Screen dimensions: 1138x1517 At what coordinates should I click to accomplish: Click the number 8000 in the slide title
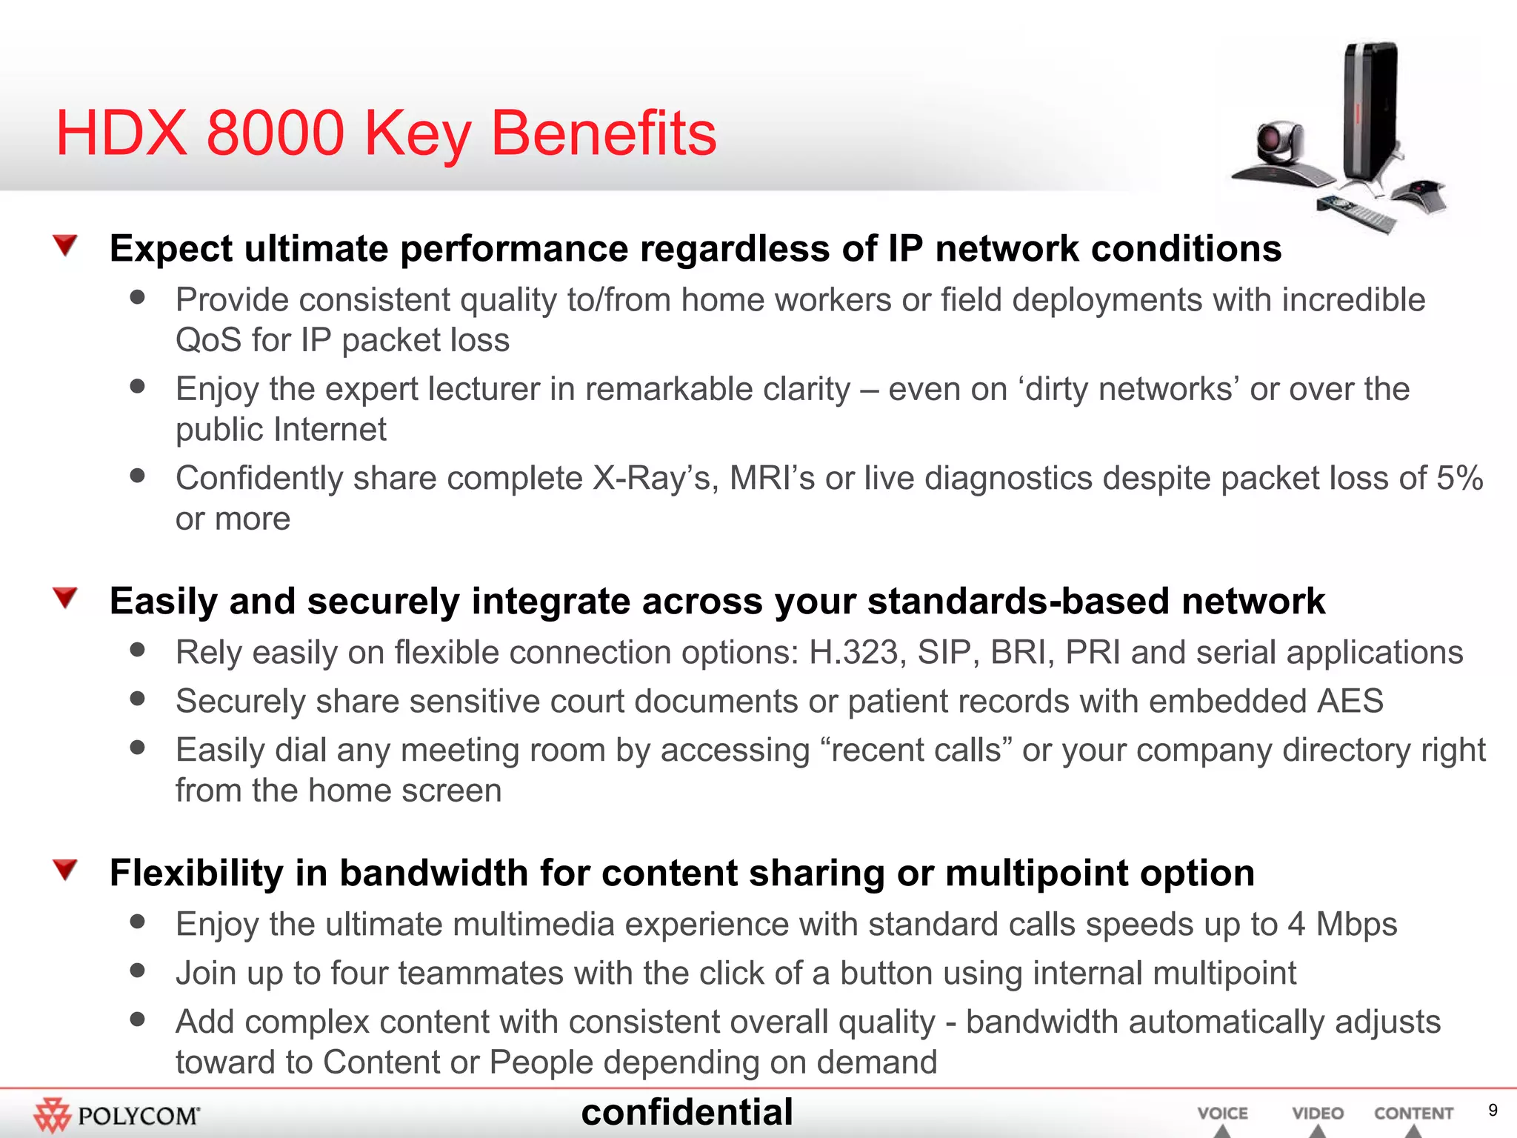click(x=275, y=133)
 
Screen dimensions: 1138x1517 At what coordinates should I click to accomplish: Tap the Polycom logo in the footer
click(x=117, y=1115)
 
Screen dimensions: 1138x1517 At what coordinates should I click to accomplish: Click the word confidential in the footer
click(x=687, y=1112)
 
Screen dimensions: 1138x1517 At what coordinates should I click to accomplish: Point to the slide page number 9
click(x=1493, y=1110)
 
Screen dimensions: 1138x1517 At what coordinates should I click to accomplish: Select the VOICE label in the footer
click(x=1222, y=1114)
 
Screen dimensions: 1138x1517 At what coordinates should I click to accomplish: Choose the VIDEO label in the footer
click(x=1318, y=1114)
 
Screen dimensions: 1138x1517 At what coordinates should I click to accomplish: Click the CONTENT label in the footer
click(x=1413, y=1114)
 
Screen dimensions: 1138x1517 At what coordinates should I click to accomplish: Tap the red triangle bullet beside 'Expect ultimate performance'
click(x=66, y=244)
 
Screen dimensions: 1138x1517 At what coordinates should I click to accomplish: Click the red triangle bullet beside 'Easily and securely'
click(x=66, y=597)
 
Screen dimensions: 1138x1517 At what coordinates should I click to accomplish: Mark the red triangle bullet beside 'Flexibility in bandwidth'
click(x=66, y=869)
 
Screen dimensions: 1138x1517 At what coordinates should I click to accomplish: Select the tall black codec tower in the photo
click(x=1370, y=111)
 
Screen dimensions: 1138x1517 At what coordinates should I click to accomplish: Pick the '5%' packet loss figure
click(x=1459, y=478)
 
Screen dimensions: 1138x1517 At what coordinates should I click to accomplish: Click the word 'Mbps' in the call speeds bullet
click(x=1356, y=925)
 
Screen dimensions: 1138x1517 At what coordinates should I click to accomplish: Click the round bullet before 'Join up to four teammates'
click(x=137, y=970)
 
